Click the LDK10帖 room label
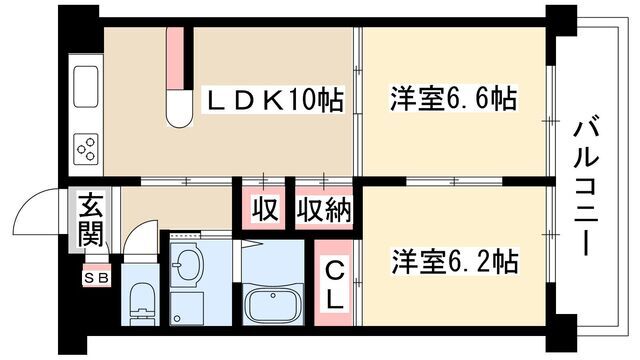pos(275,99)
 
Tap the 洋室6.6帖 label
pos(452,99)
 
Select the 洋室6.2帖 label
pos(453,262)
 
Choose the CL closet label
pos(334,283)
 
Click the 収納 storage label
pos(322,210)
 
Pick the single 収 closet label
pos(264,210)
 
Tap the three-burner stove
pos(85,149)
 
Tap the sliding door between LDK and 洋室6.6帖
pos(357,100)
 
